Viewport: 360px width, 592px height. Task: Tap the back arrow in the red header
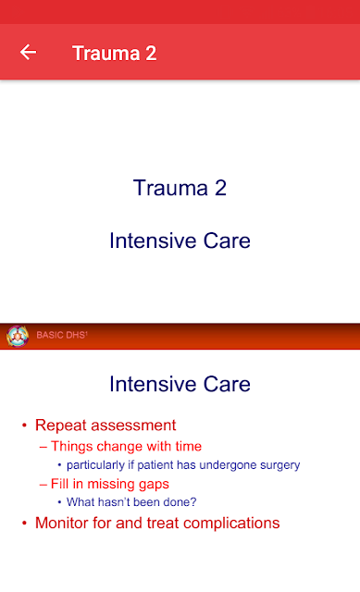click(x=29, y=52)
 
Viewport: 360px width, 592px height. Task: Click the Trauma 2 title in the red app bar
click(x=115, y=54)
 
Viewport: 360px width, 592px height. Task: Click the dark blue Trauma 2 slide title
click(x=180, y=188)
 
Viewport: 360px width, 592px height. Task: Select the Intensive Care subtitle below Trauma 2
click(x=180, y=240)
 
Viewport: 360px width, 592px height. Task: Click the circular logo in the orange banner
click(x=18, y=336)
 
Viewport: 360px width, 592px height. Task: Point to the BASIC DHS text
click(x=62, y=335)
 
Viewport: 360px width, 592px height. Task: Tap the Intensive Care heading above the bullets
click(x=180, y=384)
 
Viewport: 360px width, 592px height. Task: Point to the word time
click(x=189, y=446)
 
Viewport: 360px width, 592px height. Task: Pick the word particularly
click(x=95, y=464)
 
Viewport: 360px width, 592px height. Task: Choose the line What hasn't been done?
click(x=131, y=502)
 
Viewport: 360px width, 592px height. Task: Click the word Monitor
click(x=62, y=523)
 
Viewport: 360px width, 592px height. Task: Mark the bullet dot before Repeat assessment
click(x=25, y=425)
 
